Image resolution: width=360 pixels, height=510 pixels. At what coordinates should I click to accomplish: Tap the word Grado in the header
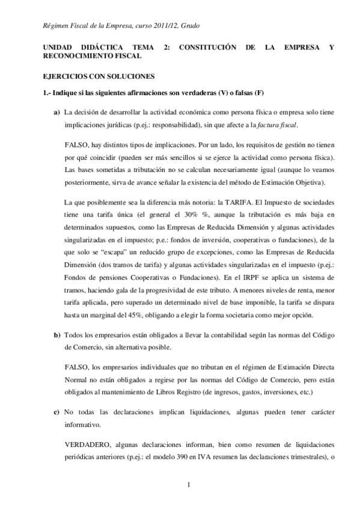(188, 26)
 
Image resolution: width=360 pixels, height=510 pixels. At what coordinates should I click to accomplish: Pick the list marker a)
(56, 112)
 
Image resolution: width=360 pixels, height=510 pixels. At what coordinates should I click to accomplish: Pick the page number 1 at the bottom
(188, 485)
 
